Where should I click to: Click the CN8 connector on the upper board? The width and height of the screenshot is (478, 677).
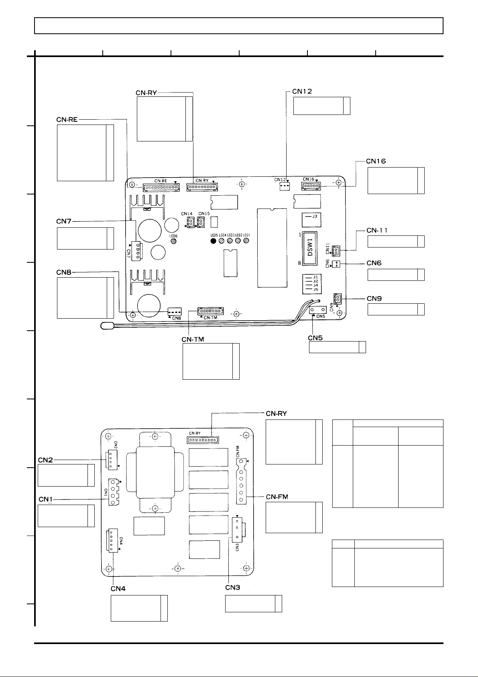click(x=174, y=312)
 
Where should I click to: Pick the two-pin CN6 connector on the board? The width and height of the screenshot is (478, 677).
click(x=337, y=264)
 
